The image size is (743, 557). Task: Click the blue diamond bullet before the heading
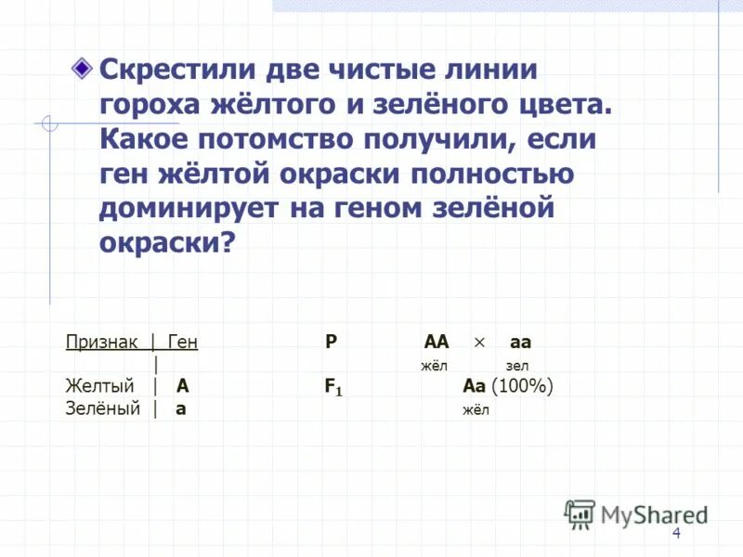click(82, 69)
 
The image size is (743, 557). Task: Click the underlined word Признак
click(101, 342)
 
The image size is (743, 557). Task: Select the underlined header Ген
click(183, 342)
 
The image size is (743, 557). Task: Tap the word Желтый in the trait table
click(99, 386)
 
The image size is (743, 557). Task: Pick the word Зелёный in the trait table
click(102, 408)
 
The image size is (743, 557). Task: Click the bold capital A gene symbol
click(183, 386)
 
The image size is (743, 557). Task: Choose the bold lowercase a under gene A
click(181, 409)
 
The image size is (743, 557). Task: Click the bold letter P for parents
click(331, 342)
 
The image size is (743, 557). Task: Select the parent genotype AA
click(436, 342)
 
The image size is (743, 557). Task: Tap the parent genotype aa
click(520, 342)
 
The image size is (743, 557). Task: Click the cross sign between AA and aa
click(479, 342)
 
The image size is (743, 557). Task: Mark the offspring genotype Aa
click(474, 386)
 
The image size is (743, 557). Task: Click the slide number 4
click(676, 533)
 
